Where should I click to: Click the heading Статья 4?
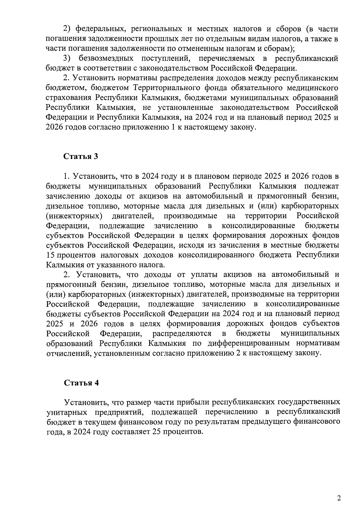click(81, 383)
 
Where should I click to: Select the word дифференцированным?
click(261, 343)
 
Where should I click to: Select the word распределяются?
click(182, 333)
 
